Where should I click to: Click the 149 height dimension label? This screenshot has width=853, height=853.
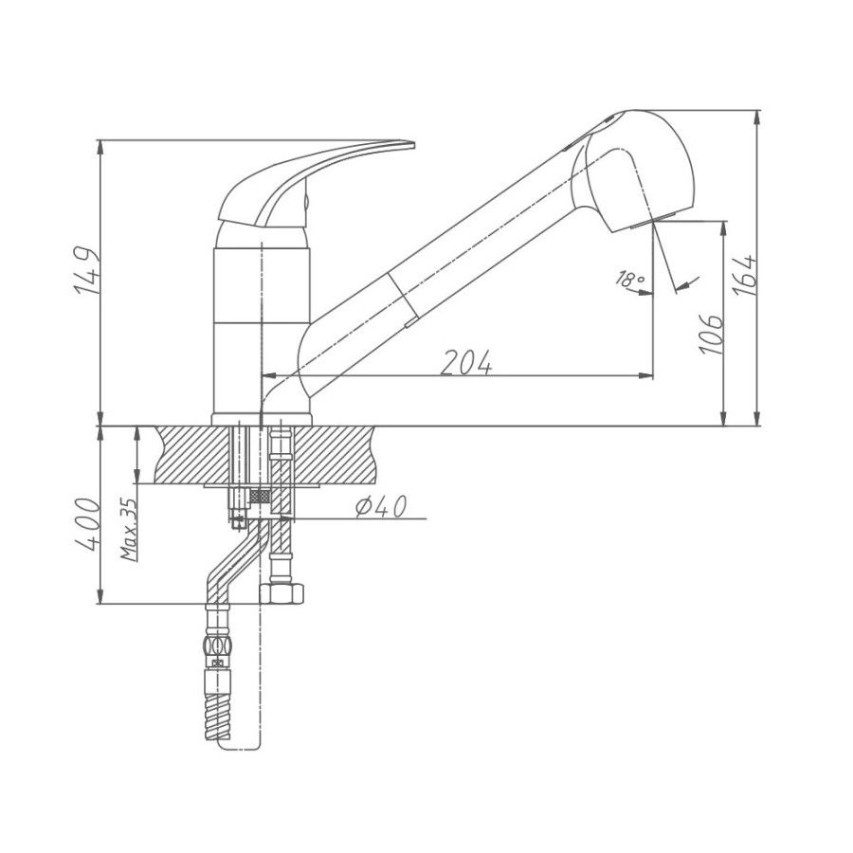coord(86,271)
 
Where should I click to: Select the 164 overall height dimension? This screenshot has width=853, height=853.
coord(744,275)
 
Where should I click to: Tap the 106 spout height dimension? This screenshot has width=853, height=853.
coord(712,334)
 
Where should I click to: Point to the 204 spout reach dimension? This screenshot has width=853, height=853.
coord(466,362)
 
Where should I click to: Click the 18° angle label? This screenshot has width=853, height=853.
coord(629,279)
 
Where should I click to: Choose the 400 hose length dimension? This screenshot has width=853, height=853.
coord(87,523)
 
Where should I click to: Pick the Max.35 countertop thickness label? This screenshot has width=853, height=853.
coord(130,529)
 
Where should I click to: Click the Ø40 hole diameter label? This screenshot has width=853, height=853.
coord(381,508)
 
